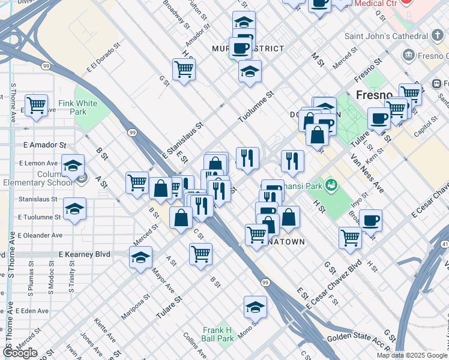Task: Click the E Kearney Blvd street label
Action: click(85, 254)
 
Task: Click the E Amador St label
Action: click(44, 145)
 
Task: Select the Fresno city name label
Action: click(374, 95)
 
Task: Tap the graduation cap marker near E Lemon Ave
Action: click(73, 166)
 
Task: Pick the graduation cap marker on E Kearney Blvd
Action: click(140, 257)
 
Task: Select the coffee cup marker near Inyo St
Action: click(370, 220)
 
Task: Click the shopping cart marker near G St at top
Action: click(184, 69)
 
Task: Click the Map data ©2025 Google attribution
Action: click(412, 355)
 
